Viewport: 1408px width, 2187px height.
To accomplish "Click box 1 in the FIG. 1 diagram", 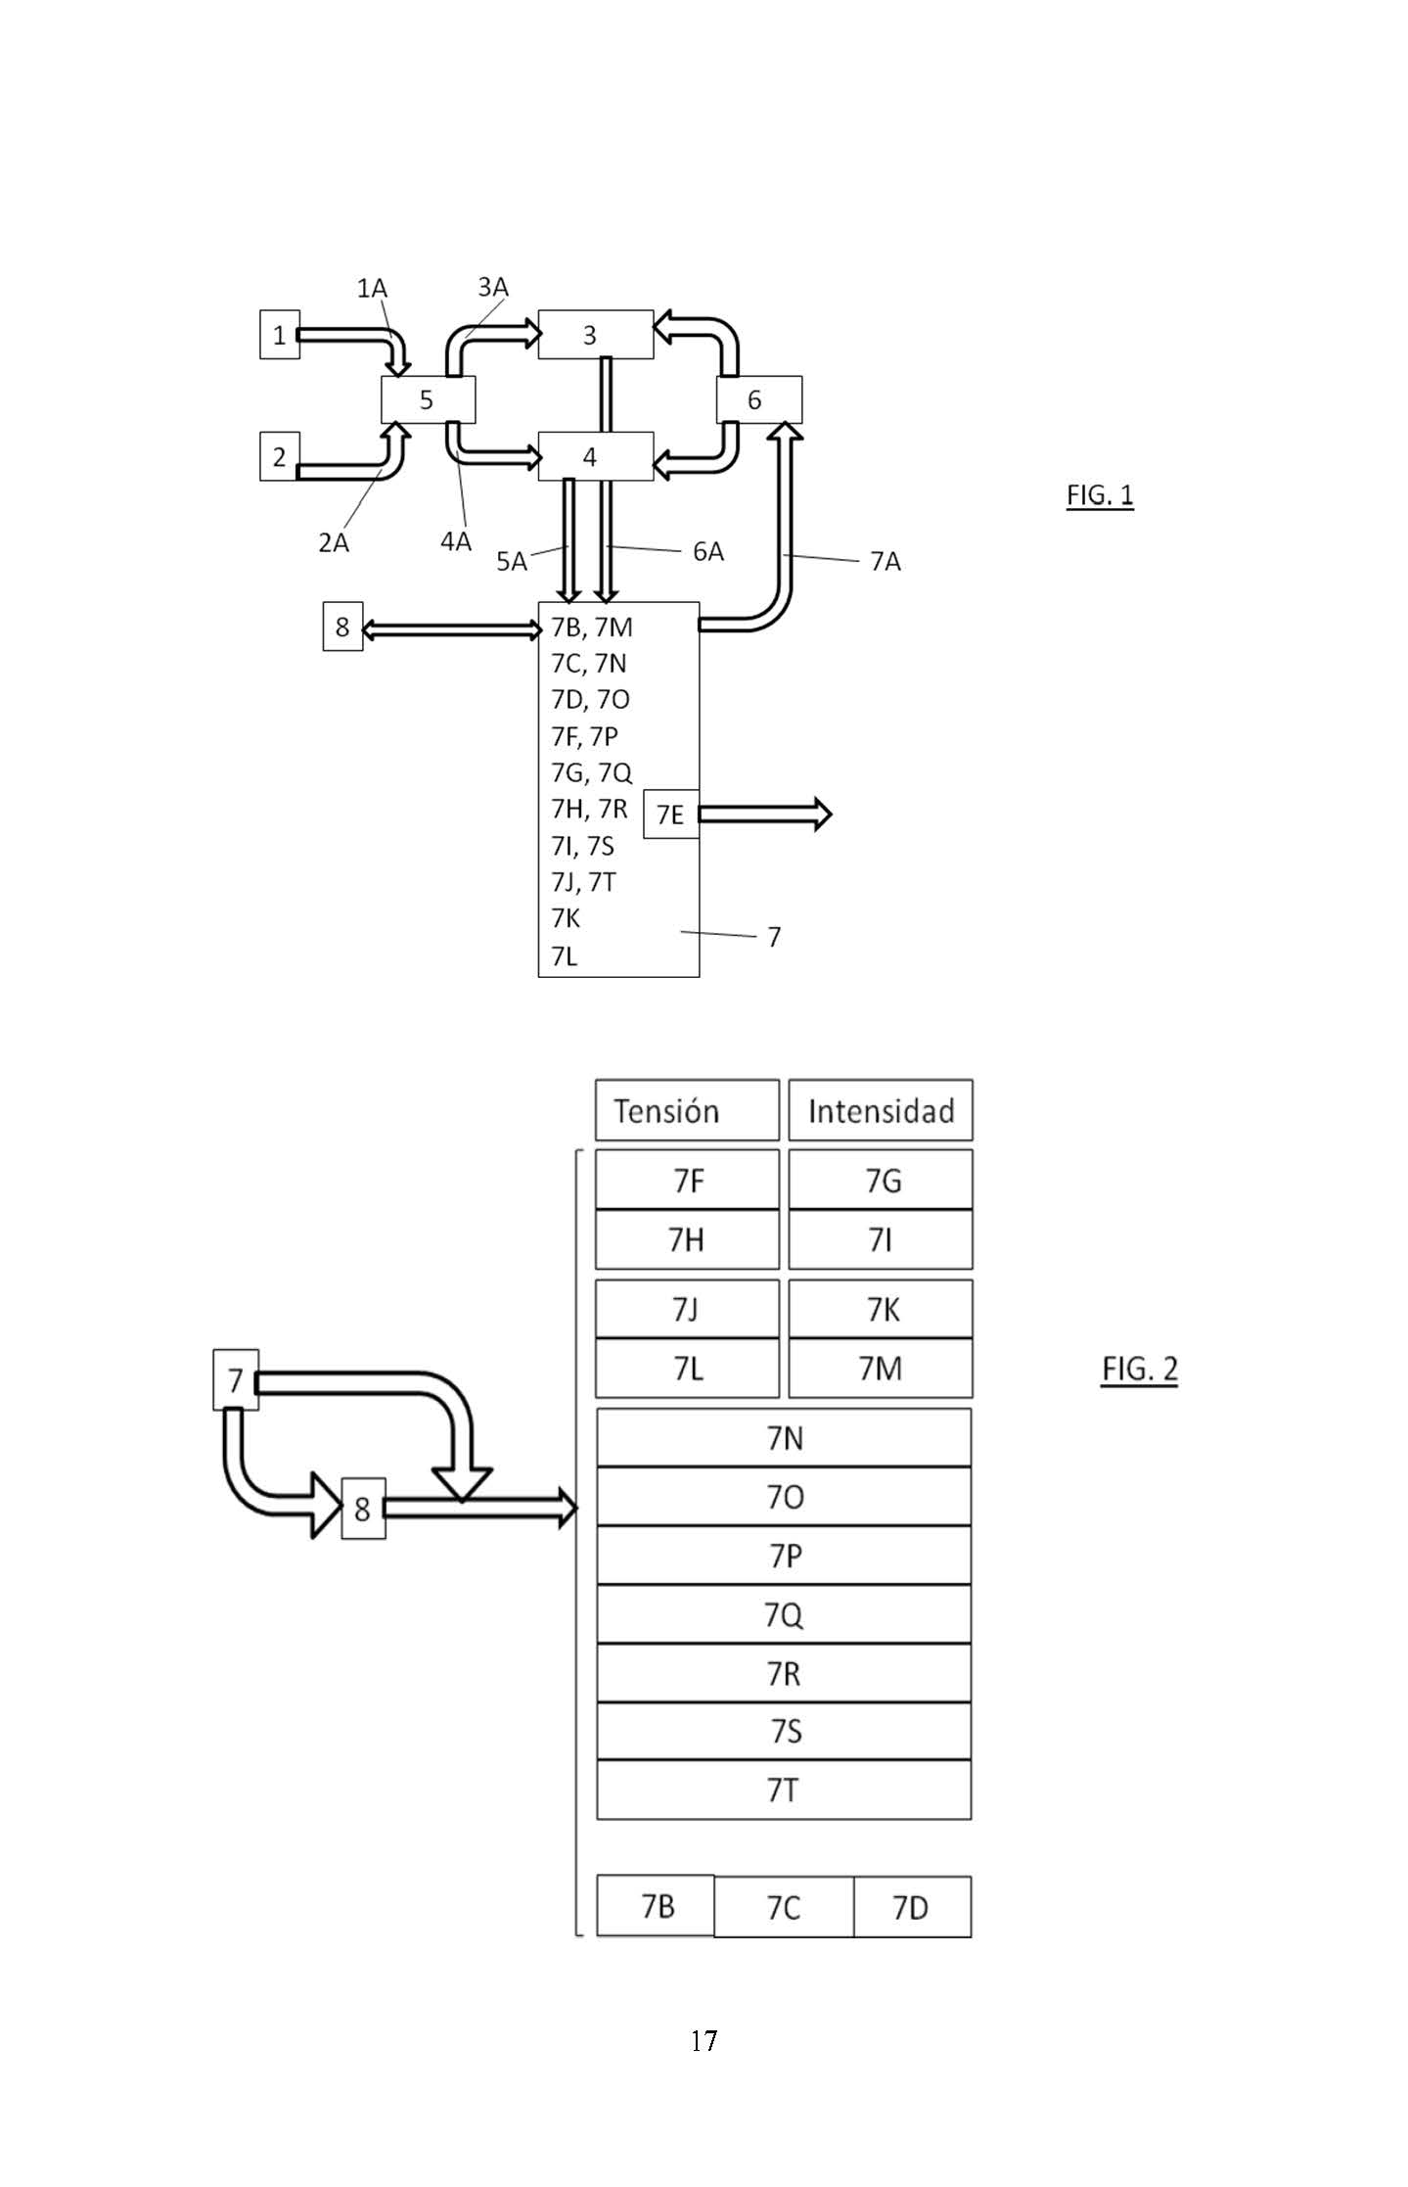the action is pos(280,335).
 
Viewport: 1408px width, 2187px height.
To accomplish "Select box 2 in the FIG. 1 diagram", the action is pos(280,456).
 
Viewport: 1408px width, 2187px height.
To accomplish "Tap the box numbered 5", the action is pos(428,399).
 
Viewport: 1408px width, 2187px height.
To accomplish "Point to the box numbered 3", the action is pos(596,335).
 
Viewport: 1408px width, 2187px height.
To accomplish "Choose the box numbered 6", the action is pos(759,399).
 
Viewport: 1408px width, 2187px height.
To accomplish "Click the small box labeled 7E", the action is pos(671,814).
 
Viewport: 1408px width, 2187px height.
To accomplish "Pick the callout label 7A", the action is pos(886,561).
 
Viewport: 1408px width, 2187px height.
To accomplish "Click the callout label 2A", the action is pos(334,542).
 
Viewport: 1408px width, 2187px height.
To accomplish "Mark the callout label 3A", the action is pos(493,287).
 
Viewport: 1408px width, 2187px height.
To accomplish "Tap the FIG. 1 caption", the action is pos(1100,495).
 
